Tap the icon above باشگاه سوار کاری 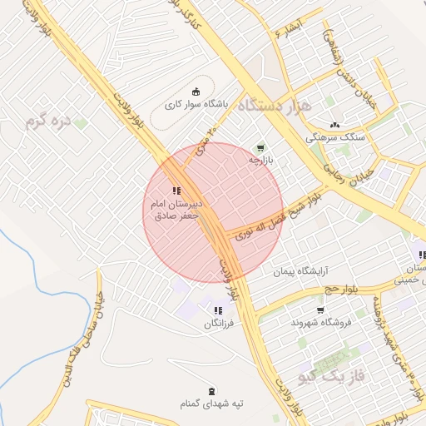tap(196, 92)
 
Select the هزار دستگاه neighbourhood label tap(274, 106)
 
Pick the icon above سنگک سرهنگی tap(334, 123)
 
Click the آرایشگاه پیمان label tap(302, 272)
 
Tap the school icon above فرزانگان tap(218, 310)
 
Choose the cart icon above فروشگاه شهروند tap(320, 310)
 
